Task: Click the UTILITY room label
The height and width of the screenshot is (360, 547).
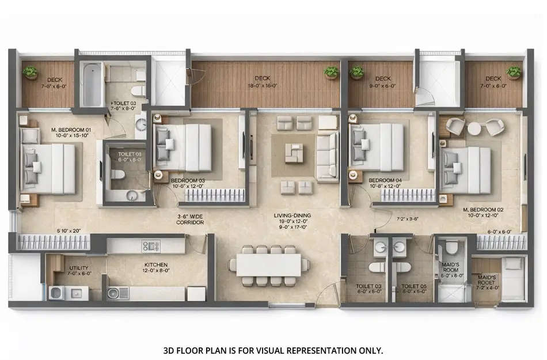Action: (x=79, y=268)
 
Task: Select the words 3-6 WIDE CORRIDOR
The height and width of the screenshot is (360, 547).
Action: (x=191, y=219)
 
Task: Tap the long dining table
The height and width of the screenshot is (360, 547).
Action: (x=268, y=266)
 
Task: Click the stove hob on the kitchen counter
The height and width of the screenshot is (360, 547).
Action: (x=150, y=247)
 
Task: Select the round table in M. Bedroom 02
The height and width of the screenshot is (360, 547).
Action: (x=474, y=128)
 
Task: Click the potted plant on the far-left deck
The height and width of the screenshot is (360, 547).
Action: (x=29, y=73)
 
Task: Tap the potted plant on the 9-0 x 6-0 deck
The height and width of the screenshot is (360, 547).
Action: (x=357, y=73)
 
